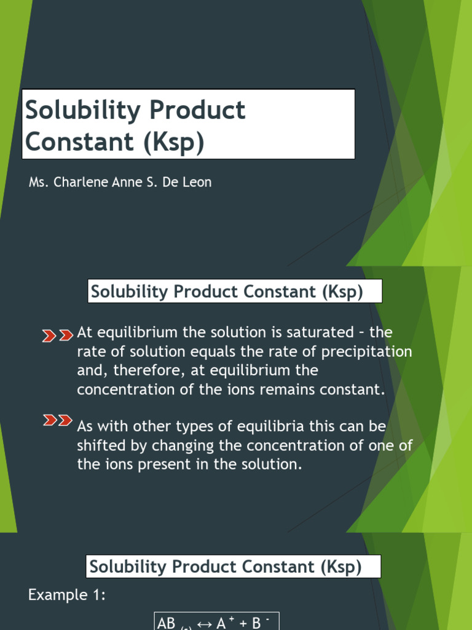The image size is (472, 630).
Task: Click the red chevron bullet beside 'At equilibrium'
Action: point(57,335)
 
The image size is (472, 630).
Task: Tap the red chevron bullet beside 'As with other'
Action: point(57,421)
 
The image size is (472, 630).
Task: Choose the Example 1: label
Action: point(68,595)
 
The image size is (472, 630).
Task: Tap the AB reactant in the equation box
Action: point(167,623)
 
